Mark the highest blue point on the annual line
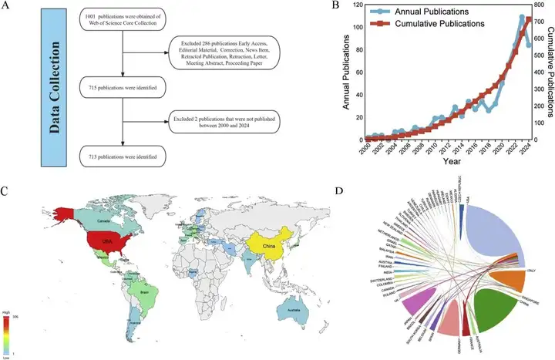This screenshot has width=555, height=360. click(522, 17)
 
